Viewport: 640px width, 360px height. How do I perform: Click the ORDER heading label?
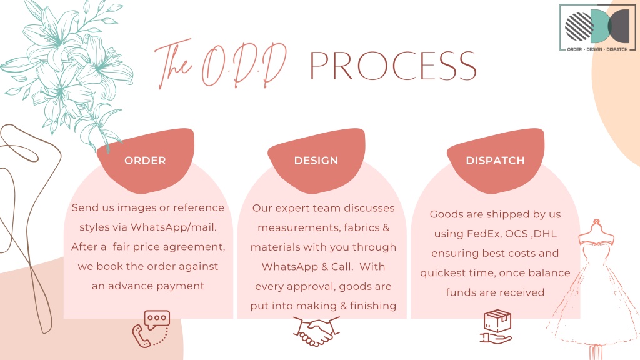click(145, 161)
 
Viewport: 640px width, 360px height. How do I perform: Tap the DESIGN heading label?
click(316, 161)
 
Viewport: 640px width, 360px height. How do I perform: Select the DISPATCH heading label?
click(496, 161)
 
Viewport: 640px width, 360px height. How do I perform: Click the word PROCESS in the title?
click(393, 66)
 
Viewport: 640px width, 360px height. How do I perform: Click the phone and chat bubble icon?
click(151, 329)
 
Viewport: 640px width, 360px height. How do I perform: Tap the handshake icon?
click(316, 331)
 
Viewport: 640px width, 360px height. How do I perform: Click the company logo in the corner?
click(597, 27)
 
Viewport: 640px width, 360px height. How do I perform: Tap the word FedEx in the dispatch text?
click(484, 234)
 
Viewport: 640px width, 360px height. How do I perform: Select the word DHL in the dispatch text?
click(545, 234)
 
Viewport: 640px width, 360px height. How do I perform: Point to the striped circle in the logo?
click(579, 26)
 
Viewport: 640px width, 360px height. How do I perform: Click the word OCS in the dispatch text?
click(516, 234)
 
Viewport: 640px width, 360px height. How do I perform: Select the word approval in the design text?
click(311, 286)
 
